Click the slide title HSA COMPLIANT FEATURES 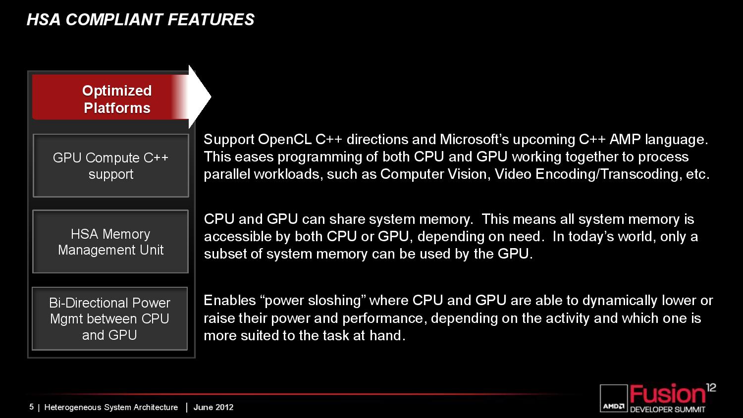pos(140,20)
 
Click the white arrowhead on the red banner pos(200,97)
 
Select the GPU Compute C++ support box pos(111,165)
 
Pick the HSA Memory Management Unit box pos(110,242)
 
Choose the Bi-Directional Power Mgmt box pos(109,318)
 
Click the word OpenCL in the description pos(285,139)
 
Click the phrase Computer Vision pos(435,174)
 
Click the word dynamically pos(620,301)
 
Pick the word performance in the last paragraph pos(383,319)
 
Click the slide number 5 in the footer pos(32,407)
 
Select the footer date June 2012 pos(213,407)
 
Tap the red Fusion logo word pos(667,394)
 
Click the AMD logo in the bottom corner pos(614,398)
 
